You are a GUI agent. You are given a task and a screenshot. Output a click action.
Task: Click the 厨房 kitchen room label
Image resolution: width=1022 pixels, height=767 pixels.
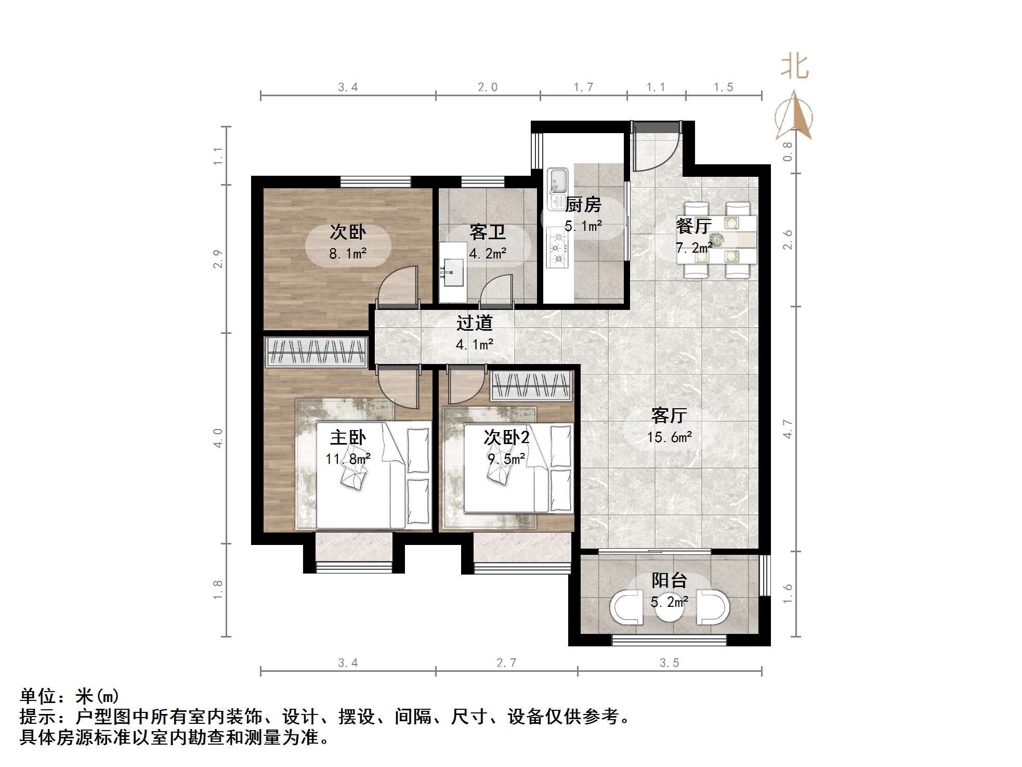click(583, 205)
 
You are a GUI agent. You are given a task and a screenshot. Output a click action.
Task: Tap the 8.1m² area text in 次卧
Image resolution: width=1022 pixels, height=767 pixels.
click(347, 254)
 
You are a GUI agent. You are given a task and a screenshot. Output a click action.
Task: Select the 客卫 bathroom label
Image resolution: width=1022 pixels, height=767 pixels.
click(487, 232)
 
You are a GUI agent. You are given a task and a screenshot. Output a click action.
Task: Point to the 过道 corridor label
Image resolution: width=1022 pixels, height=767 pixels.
click(474, 323)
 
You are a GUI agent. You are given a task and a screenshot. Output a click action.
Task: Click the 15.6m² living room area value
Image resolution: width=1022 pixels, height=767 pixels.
click(669, 437)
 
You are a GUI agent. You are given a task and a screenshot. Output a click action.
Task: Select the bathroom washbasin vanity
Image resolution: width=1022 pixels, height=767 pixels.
click(453, 272)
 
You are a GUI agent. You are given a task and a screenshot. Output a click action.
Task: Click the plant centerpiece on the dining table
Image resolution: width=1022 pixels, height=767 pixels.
click(718, 240)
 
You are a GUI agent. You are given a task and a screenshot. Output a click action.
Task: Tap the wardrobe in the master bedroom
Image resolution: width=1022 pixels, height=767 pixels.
click(316, 352)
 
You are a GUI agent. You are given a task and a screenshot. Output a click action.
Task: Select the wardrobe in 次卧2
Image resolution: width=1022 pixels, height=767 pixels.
click(531, 386)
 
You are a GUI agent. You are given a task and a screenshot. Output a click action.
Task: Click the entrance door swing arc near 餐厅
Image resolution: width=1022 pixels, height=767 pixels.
click(656, 148)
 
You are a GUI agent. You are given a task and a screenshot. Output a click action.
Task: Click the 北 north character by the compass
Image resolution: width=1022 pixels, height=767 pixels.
click(794, 67)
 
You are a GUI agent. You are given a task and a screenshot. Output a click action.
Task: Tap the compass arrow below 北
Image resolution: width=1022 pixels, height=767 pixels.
click(794, 115)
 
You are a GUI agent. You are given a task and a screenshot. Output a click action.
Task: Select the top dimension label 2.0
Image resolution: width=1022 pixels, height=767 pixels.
click(488, 87)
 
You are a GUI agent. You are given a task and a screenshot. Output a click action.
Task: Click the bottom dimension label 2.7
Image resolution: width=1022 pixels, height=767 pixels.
click(506, 663)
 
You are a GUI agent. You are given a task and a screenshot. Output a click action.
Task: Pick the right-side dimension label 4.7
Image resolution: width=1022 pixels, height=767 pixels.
click(788, 429)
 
